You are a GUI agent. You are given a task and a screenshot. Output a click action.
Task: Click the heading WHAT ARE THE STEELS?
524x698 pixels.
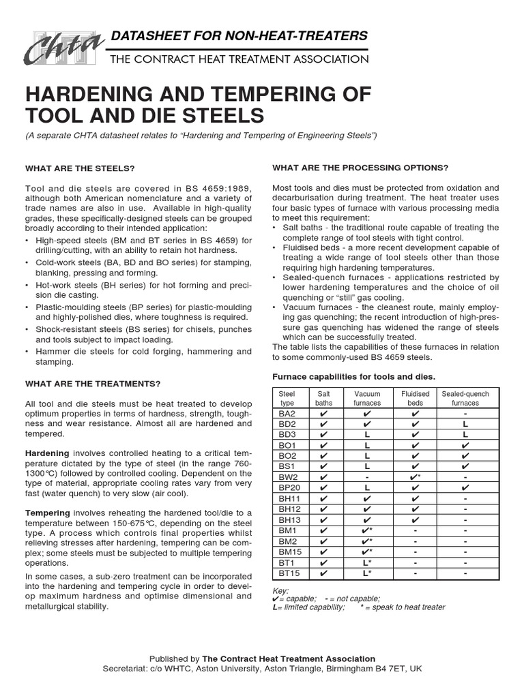coord(80,168)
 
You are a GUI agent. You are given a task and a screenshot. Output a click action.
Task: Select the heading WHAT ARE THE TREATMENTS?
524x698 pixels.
coord(93,384)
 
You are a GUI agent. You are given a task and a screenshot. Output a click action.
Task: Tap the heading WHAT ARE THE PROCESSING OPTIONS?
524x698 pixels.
coord(360,168)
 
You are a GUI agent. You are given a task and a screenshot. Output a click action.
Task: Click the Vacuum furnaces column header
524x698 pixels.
coord(367,398)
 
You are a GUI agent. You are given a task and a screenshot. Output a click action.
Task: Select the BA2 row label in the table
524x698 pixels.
coord(286,413)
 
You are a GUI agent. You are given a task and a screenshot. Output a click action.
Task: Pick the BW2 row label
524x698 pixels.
coord(286,477)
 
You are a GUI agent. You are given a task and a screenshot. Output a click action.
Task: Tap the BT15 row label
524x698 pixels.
coord(287,573)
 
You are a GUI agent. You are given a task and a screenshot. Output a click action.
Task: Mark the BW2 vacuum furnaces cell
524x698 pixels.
coord(367,477)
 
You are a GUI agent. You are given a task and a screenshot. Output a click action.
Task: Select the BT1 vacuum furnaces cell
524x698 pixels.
coord(367,562)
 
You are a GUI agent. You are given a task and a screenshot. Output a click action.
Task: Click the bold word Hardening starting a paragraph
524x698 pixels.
coord(47,453)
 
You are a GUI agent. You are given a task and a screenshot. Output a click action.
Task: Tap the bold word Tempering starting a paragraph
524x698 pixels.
coord(47,513)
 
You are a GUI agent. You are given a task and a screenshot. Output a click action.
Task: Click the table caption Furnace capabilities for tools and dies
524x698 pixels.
coord(353,376)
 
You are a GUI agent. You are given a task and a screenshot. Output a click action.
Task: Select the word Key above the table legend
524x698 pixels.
coord(280,590)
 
